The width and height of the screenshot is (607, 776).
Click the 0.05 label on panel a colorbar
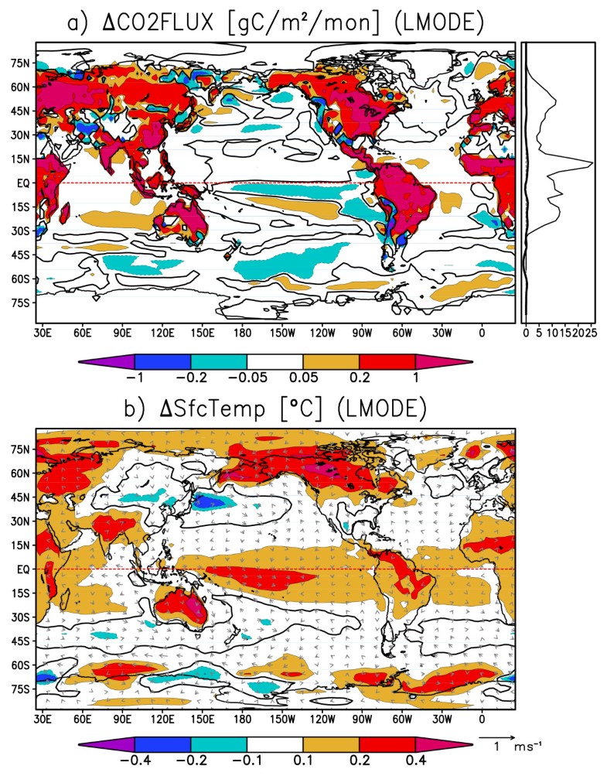coord(303,378)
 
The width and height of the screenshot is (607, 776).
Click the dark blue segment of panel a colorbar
coord(162,361)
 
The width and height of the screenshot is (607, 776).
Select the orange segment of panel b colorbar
coord(331,745)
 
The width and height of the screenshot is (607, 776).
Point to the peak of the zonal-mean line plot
coord(592,163)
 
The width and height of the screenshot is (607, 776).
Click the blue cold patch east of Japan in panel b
coord(205,501)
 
